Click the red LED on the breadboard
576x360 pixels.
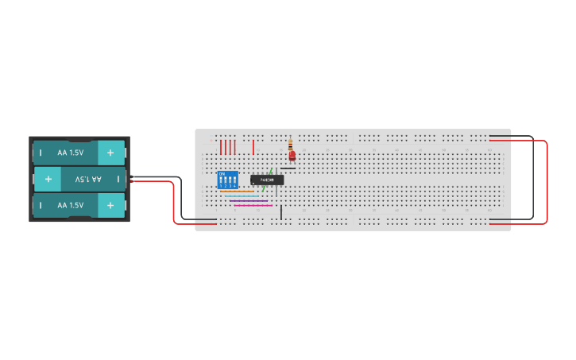(292, 156)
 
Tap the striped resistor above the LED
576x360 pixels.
(290, 144)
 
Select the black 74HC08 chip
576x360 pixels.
(267, 180)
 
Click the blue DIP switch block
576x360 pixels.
(227, 180)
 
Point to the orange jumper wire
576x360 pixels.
(236, 191)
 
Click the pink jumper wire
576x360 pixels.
(253, 205)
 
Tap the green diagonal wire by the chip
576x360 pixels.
(269, 172)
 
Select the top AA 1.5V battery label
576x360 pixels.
(70, 152)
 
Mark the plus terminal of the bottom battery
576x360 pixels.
(110, 205)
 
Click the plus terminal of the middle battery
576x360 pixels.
(48, 180)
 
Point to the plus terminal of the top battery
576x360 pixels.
(110, 152)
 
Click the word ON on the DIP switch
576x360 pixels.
(222, 173)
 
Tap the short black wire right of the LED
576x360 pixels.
(288, 168)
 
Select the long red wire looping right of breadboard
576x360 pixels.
(547, 183)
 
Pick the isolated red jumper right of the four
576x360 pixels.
(253, 147)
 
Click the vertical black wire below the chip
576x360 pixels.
(280, 212)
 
